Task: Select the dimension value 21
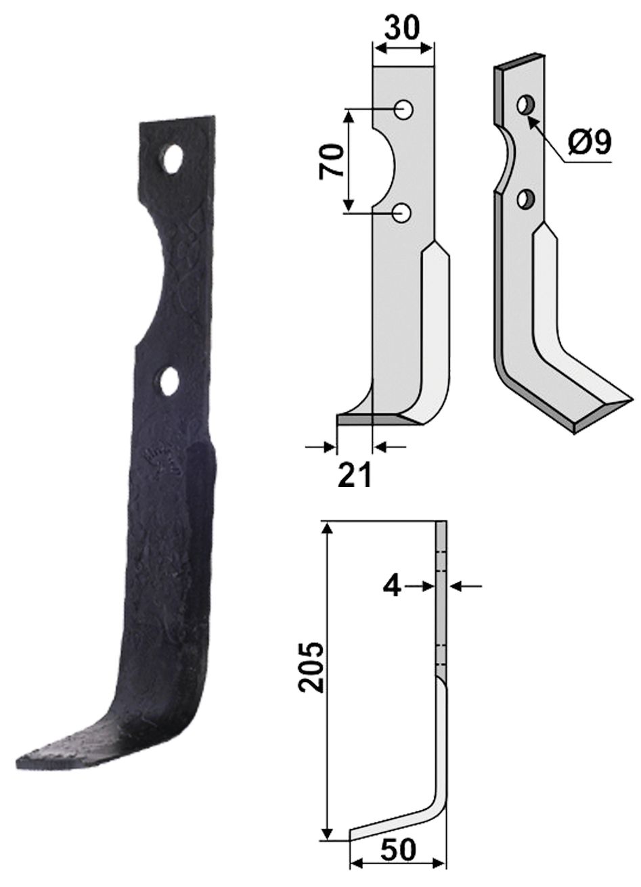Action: click(353, 476)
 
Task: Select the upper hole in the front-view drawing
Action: click(405, 109)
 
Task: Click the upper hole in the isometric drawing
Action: click(525, 104)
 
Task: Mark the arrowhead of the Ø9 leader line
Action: click(530, 119)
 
